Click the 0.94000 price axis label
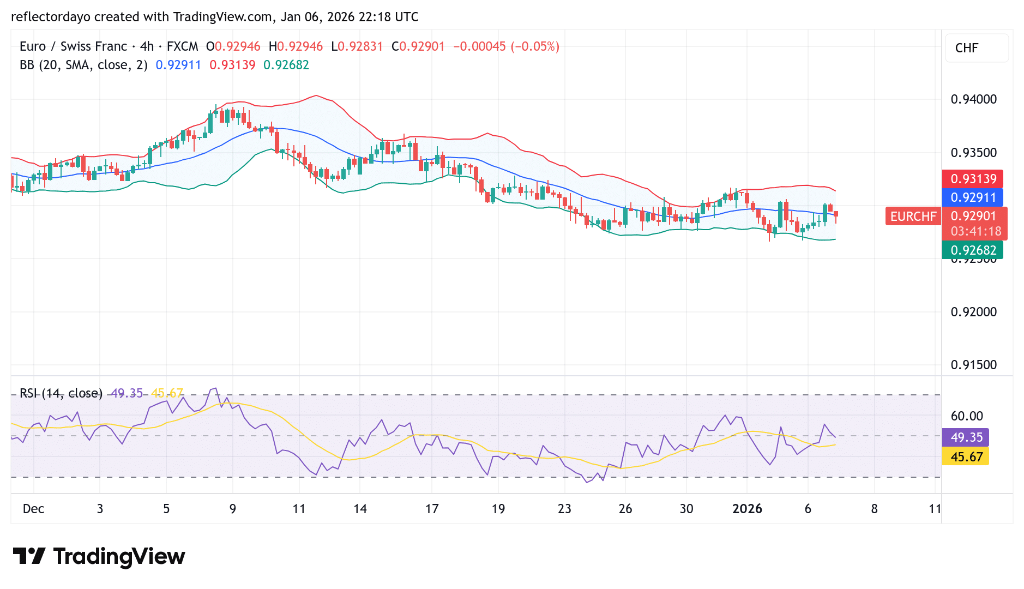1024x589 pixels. pyautogui.click(x=973, y=99)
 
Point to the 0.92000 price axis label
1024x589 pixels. pyautogui.click(x=973, y=312)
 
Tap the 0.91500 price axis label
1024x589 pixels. pyautogui.click(x=973, y=365)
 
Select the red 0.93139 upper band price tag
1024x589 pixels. pyautogui.click(x=973, y=179)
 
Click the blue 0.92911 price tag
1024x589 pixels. pyautogui.click(x=973, y=197)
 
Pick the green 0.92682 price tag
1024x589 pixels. pyautogui.click(x=973, y=250)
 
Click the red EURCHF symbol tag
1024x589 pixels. pyautogui.click(x=913, y=217)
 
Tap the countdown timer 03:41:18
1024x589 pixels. pyautogui.click(x=975, y=231)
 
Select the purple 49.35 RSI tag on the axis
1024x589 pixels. pyautogui.click(x=966, y=437)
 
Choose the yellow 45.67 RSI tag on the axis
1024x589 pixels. pyautogui.click(x=966, y=457)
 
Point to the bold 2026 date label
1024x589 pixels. pyautogui.click(x=746, y=509)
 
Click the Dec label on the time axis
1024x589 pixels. pyautogui.click(x=33, y=509)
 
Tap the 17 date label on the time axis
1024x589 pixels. pyautogui.click(x=431, y=509)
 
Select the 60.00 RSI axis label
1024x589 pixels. pyautogui.click(x=966, y=416)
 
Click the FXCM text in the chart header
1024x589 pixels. pyautogui.click(x=182, y=46)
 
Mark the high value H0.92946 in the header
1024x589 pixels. pyautogui.click(x=296, y=46)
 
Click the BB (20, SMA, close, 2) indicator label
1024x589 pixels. pyautogui.click(x=83, y=65)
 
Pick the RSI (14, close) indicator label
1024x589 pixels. pyautogui.click(x=61, y=393)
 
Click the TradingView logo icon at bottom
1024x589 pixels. pyautogui.click(x=29, y=556)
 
